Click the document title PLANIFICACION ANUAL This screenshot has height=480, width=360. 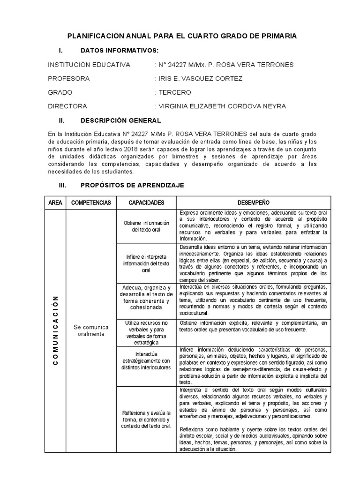[182, 36]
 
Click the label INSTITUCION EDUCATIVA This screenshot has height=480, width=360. [89, 64]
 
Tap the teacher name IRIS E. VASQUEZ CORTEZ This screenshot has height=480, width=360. [201, 78]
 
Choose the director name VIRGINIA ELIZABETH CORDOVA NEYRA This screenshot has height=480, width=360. [222, 106]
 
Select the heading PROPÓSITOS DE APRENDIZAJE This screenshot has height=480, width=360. [132, 186]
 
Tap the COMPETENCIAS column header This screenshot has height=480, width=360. [91, 203]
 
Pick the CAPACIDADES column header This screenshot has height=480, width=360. [146, 203]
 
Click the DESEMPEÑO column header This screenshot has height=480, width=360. [253, 203]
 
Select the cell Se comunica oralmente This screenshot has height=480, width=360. [91, 330]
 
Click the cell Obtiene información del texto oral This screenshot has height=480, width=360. [146, 226]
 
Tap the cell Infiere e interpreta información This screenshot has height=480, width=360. [146, 263]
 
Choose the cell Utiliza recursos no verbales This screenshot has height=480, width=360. [146, 333]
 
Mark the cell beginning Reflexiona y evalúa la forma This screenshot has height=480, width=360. [146, 419]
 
